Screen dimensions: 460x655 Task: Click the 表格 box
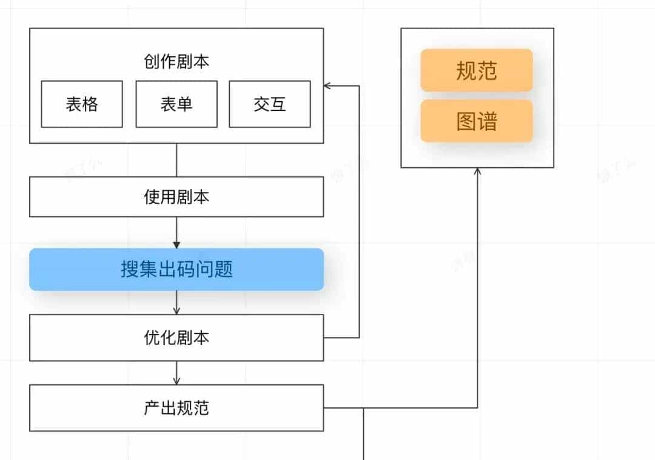pos(82,104)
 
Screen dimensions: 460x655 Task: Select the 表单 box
pos(176,104)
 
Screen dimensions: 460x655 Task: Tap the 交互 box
pos(270,104)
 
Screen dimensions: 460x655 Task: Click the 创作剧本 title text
pos(176,62)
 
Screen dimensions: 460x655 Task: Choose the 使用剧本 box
pos(176,197)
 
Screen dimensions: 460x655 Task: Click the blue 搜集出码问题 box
pos(176,269)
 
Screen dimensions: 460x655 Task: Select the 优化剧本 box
pos(176,338)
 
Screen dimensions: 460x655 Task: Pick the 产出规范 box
pos(176,408)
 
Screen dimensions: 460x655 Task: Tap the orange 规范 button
pos(477,71)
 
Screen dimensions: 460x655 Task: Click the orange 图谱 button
pos(477,121)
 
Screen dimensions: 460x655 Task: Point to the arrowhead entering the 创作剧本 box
pos(327,86)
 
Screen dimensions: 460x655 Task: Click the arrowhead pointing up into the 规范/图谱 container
pos(477,172)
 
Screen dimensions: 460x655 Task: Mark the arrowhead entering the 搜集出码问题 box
pos(176,245)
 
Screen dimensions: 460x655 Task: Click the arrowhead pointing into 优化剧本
pos(176,311)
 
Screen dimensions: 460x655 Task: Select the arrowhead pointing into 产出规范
pos(176,381)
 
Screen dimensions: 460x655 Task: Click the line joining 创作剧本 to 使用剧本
pos(176,160)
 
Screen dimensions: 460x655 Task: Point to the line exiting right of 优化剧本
pos(341,338)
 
